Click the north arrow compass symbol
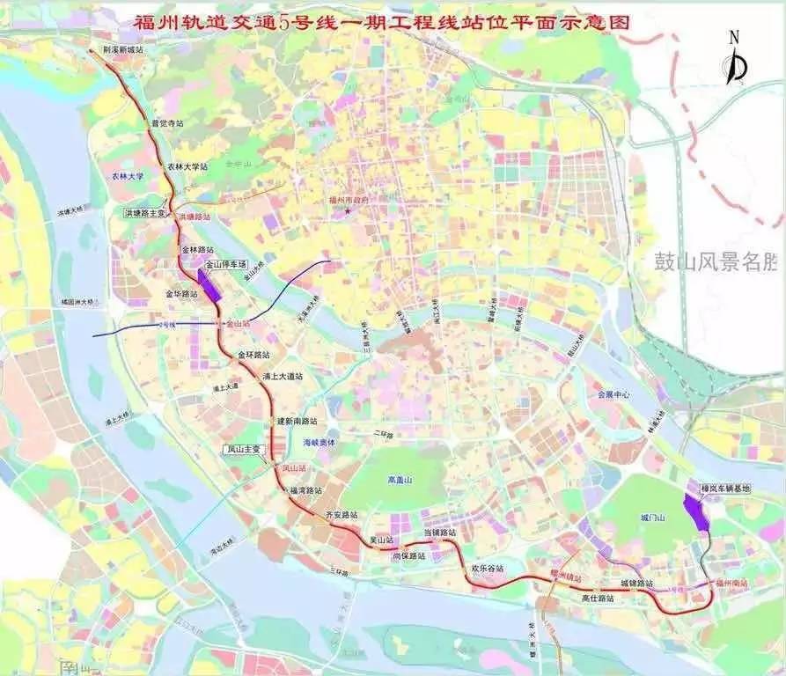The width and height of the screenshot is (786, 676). pos(736,60)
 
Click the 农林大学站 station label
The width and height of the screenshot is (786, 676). pos(188,165)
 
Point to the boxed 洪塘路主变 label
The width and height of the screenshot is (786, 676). pos(145,213)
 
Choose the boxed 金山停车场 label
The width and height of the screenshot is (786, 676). pos(226,263)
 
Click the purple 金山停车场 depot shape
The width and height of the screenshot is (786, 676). pos(210,285)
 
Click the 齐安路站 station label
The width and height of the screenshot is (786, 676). pos(342,514)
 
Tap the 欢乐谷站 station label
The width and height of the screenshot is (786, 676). pos(487,569)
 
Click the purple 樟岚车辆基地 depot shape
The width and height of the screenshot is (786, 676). pos(697,511)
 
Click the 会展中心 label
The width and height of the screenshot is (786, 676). pos(613,395)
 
